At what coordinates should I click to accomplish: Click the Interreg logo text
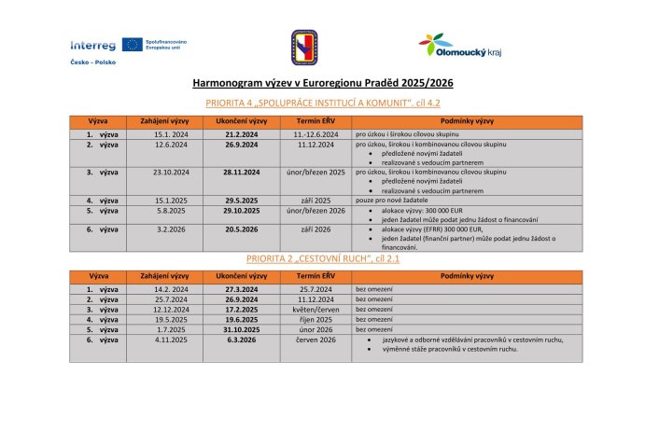(93, 45)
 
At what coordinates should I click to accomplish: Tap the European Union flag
(132, 45)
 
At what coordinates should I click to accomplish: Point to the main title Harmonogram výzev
(322, 83)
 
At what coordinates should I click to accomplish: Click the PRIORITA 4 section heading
(322, 103)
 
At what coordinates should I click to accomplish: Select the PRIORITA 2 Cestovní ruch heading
(322, 257)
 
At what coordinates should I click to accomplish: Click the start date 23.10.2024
(171, 173)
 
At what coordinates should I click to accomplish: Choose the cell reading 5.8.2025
(171, 211)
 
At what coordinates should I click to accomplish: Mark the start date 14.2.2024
(171, 290)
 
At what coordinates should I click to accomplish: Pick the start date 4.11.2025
(171, 340)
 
